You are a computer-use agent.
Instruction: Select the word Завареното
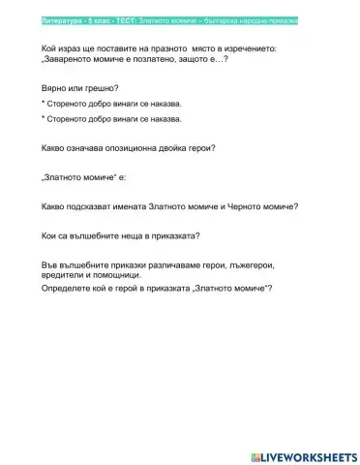pos(71,59)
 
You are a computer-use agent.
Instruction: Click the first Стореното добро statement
pos(112,102)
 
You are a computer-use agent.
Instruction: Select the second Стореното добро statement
pos(112,118)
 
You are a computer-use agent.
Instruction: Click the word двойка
pos(177,148)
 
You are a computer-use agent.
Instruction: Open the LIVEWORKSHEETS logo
pos(302,455)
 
